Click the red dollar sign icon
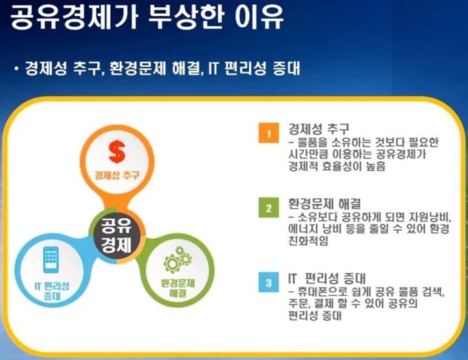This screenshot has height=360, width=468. pyautogui.click(x=117, y=152)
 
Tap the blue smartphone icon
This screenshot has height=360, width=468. pyautogui.click(x=51, y=260)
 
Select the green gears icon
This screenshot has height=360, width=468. pyautogui.click(x=178, y=259)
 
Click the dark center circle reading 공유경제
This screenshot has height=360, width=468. pyautogui.click(x=117, y=235)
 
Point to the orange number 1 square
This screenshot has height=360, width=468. pyautogui.click(x=268, y=133)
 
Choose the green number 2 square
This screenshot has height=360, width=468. pyautogui.click(x=268, y=207)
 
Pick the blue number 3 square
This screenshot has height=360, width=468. pyautogui.click(x=268, y=282)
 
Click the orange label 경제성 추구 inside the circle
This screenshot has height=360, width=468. pyautogui.click(x=117, y=176)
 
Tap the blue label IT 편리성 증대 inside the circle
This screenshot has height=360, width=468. pyautogui.click(x=52, y=291)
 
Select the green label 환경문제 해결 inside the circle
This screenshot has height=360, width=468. pyautogui.click(x=178, y=288)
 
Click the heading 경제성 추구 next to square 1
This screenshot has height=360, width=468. pyautogui.click(x=319, y=129)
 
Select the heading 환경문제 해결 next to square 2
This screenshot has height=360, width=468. pyautogui.click(x=324, y=204)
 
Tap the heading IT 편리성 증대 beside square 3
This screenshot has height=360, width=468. pyautogui.click(x=327, y=278)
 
